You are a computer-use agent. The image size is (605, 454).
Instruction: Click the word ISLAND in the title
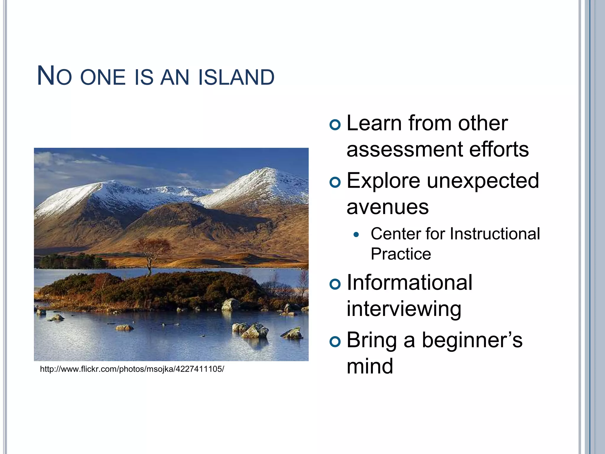point(236,77)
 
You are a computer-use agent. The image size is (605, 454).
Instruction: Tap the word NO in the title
point(54,76)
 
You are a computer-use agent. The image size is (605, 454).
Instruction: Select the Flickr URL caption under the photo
point(132,369)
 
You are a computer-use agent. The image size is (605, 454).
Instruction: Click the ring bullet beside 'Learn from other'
point(335,125)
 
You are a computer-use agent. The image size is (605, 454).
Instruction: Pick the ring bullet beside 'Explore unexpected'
point(335,182)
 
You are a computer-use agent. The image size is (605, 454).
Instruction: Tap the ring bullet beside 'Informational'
point(335,284)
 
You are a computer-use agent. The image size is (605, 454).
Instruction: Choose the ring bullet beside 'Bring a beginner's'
point(335,342)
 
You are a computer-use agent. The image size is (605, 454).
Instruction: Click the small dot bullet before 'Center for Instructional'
point(357,235)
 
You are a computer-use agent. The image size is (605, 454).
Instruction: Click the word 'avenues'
point(387,207)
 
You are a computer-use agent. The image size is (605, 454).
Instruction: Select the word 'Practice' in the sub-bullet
point(401,254)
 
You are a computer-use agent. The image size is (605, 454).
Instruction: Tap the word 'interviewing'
point(404,309)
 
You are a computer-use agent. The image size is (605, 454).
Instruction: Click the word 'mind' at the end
point(370,367)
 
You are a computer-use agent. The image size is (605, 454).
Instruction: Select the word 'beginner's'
point(472,340)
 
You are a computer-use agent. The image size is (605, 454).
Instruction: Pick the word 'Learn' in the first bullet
point(374,123)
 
